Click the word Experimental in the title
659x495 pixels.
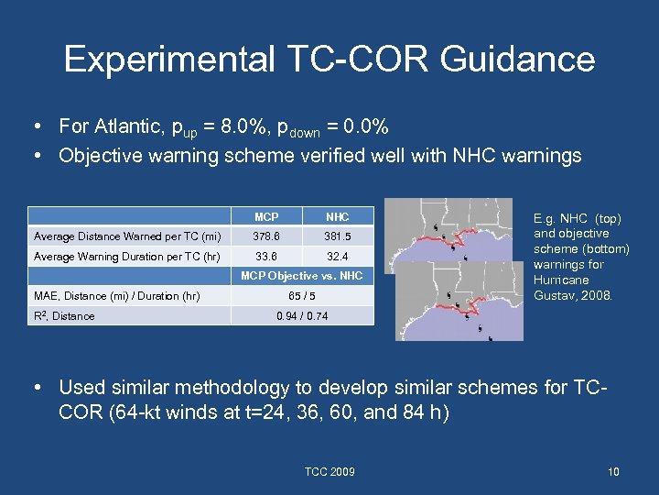168,60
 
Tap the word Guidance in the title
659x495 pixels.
517,60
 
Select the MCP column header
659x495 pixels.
266,217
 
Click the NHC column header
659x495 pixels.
338,217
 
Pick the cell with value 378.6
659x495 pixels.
266,236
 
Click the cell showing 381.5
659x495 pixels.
338,236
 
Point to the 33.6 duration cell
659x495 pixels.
266,257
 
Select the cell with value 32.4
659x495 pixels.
338,257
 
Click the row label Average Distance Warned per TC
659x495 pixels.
126,236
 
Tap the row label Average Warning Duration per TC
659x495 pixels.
126,257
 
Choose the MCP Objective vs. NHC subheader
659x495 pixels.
301,276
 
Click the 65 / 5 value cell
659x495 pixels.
301,295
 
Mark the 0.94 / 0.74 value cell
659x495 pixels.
301,315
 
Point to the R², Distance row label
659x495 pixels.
67,315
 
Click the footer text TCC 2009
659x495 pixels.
329,472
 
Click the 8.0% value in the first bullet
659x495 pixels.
243,126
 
